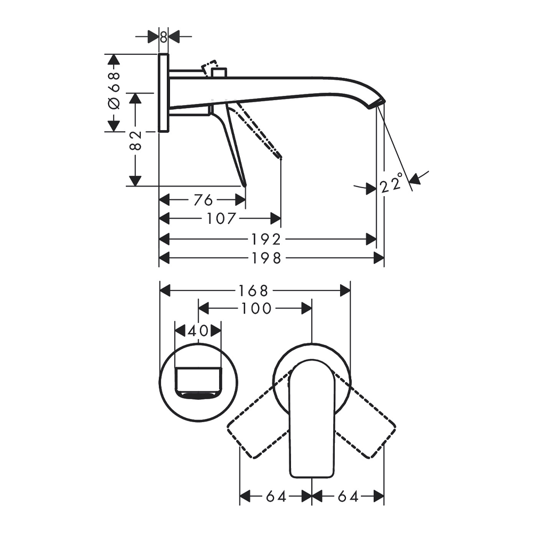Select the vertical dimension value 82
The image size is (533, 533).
(x=135, y=140)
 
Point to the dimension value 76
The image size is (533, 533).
(x=203, y=200)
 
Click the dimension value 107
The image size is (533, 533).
(x=221, y=219)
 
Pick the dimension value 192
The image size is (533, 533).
(x=266, y=239)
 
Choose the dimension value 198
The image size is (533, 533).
(x=267, y=258)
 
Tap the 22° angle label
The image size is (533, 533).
(x=392, y=183)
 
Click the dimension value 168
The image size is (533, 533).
(x=253, y=290)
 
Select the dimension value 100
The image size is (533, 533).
(x=256, y=309)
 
